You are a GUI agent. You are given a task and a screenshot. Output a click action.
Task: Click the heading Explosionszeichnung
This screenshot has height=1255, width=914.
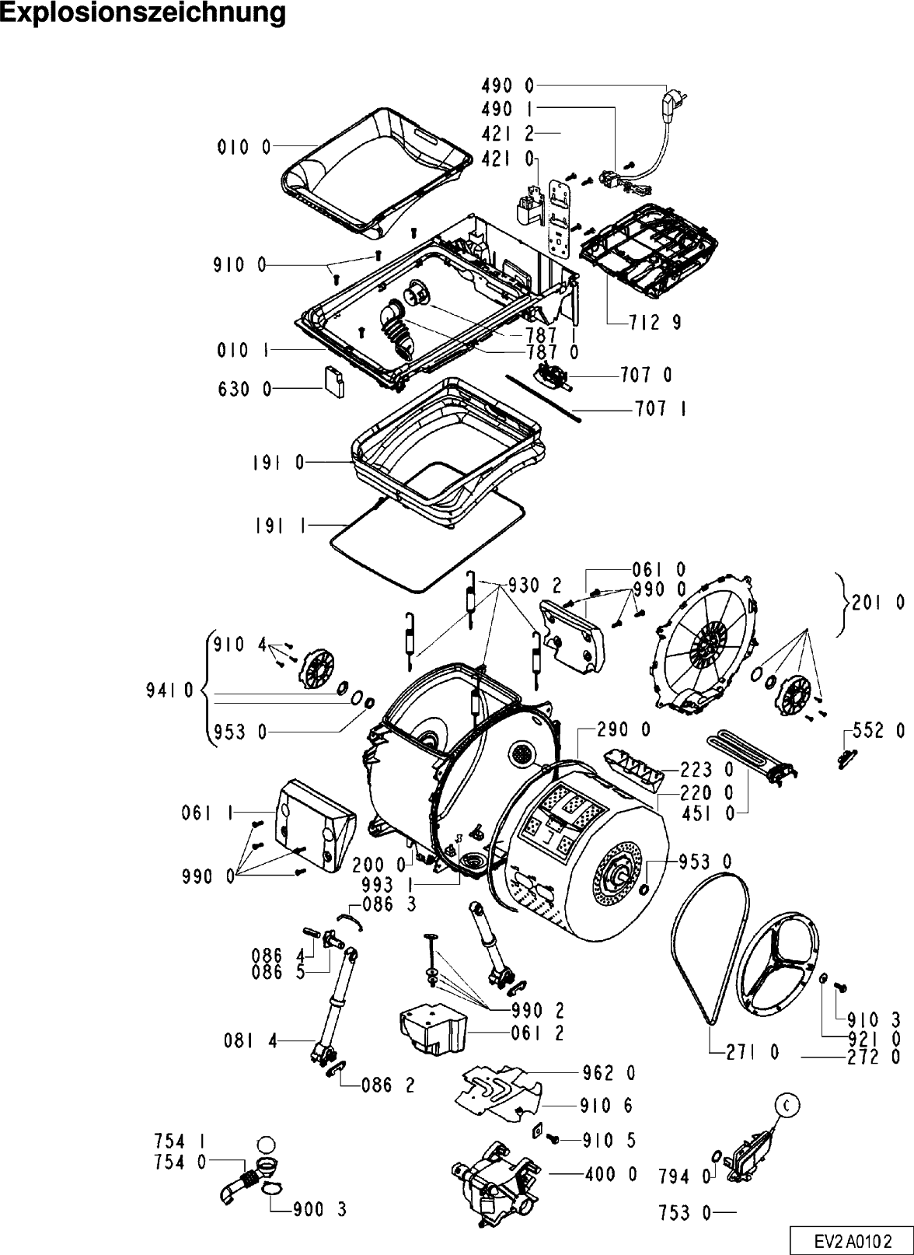tap(143, 13)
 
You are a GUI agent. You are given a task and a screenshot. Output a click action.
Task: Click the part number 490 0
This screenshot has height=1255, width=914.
tap(508, 86)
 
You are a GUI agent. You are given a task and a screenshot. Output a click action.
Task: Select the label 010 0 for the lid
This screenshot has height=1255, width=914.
tap(244, 148)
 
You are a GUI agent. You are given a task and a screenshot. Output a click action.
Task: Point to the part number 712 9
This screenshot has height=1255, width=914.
tap(655, 323)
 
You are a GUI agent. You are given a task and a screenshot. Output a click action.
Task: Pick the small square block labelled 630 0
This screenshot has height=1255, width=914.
tap(334, 382)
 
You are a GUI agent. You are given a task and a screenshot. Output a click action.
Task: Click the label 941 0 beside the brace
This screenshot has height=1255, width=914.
tap(169, 690)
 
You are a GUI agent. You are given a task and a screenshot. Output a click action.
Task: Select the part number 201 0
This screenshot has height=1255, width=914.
tap(878, 603)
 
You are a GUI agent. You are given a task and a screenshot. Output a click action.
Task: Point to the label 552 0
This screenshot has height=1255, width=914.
tap(879, 731)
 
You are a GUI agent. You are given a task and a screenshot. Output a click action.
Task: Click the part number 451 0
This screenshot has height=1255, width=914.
tap(706, 813)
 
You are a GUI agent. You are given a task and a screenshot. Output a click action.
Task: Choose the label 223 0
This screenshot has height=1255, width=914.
tap(706, 771)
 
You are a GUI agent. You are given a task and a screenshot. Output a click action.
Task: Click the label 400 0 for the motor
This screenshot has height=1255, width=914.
tap(611, 1174)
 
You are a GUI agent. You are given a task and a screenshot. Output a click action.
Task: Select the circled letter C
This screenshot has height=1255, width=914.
tap(788, 1106)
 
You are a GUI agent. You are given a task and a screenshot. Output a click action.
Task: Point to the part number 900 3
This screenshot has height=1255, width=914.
tap(319, 1210)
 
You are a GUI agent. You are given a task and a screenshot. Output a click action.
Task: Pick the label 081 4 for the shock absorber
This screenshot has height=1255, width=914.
tap(250, 1042)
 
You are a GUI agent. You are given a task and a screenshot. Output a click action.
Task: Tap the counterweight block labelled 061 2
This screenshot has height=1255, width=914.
tap(432, 1031)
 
